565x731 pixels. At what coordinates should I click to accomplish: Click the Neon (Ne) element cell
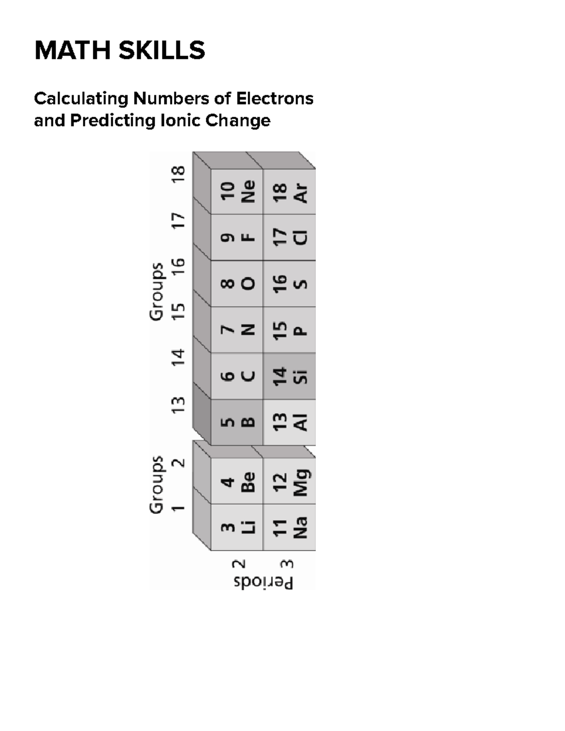pos(237,192)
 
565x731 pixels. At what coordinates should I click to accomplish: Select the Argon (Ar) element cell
pos(290,192)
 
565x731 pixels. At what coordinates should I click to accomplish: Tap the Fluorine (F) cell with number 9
pos(237,237)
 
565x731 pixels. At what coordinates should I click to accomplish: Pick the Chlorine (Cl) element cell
pos(290,237)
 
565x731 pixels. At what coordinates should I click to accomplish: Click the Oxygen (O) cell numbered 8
pos(237,283)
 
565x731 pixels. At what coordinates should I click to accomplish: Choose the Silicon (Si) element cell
pos(290,376)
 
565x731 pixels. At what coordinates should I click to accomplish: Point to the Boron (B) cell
pos(237,422)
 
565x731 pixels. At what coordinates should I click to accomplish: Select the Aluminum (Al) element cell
pos(290,422)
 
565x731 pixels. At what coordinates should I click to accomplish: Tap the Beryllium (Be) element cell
pos(237,481)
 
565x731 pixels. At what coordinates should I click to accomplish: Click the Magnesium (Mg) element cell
pos(290,481)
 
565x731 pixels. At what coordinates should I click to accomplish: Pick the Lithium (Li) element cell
pos(237,527)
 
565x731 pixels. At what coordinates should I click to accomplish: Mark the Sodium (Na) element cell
pos(290,527)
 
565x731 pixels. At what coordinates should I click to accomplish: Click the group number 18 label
pos(178,176)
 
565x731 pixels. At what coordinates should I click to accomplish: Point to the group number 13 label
pos(178,405)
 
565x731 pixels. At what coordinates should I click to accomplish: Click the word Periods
pos(264,582)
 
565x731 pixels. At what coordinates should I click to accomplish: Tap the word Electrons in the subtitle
pos(274,98)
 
